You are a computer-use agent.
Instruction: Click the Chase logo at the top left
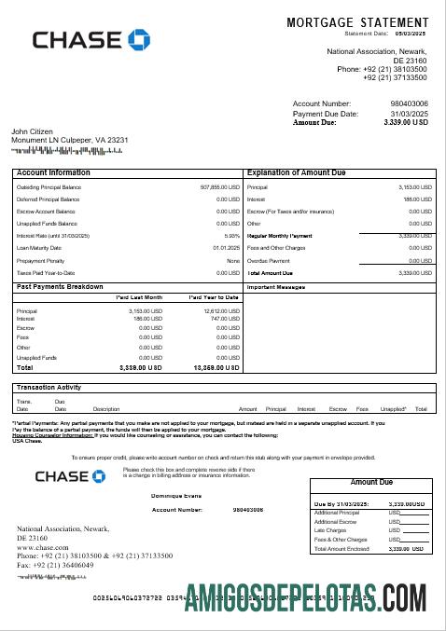coord(91,39)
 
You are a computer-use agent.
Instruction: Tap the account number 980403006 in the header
coord(409,103)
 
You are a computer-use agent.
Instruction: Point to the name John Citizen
coord(33,131)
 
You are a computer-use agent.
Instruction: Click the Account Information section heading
coord(54,172)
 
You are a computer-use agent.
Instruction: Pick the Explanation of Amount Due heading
coord(296,172)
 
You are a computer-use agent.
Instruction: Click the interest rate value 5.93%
coord(232,236)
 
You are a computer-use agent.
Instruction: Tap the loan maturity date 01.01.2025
coord(227,248)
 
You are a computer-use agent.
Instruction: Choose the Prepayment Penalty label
coord(41,260)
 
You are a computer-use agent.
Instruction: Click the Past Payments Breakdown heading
coord(60,286)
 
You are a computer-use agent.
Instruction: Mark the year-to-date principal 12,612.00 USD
coord(222,310)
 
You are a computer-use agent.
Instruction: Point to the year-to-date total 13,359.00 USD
coord(216,367)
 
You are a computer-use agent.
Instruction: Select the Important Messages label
coord(276,287)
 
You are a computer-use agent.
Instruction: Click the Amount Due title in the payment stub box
coord(371,482)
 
